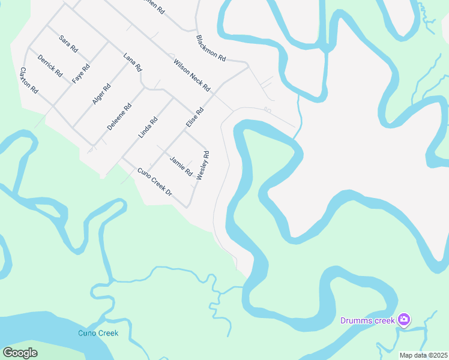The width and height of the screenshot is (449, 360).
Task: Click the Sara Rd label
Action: [x=68, y=43]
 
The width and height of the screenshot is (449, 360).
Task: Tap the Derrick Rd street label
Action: [x=50, y=65]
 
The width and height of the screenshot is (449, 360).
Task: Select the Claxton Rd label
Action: [x=29, y=80]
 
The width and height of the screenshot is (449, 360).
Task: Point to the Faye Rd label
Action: [x=80, y=73]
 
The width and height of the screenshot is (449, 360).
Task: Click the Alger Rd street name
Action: [x=101, y=94]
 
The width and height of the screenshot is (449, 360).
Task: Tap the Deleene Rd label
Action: [x=119, y=118]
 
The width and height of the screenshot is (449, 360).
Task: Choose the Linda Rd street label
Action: [x=148, y=128]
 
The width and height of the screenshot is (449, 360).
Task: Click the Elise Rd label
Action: [x=194, y=118]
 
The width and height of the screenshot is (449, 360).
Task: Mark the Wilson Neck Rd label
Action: [x=192, y=75]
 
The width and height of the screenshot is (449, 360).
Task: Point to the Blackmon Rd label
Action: [x=211, y=48]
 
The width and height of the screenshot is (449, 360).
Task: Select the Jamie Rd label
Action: [x=181, y=166]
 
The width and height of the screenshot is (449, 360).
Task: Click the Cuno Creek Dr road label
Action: [x=155, y=182]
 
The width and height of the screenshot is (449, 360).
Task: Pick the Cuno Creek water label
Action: [x=98, y=333]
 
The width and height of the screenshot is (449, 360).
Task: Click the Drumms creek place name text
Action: [x=367, y=320]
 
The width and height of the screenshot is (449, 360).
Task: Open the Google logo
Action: [x=20, y=353]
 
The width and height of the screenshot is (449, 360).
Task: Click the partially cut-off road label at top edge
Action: [x=151, y=4]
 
